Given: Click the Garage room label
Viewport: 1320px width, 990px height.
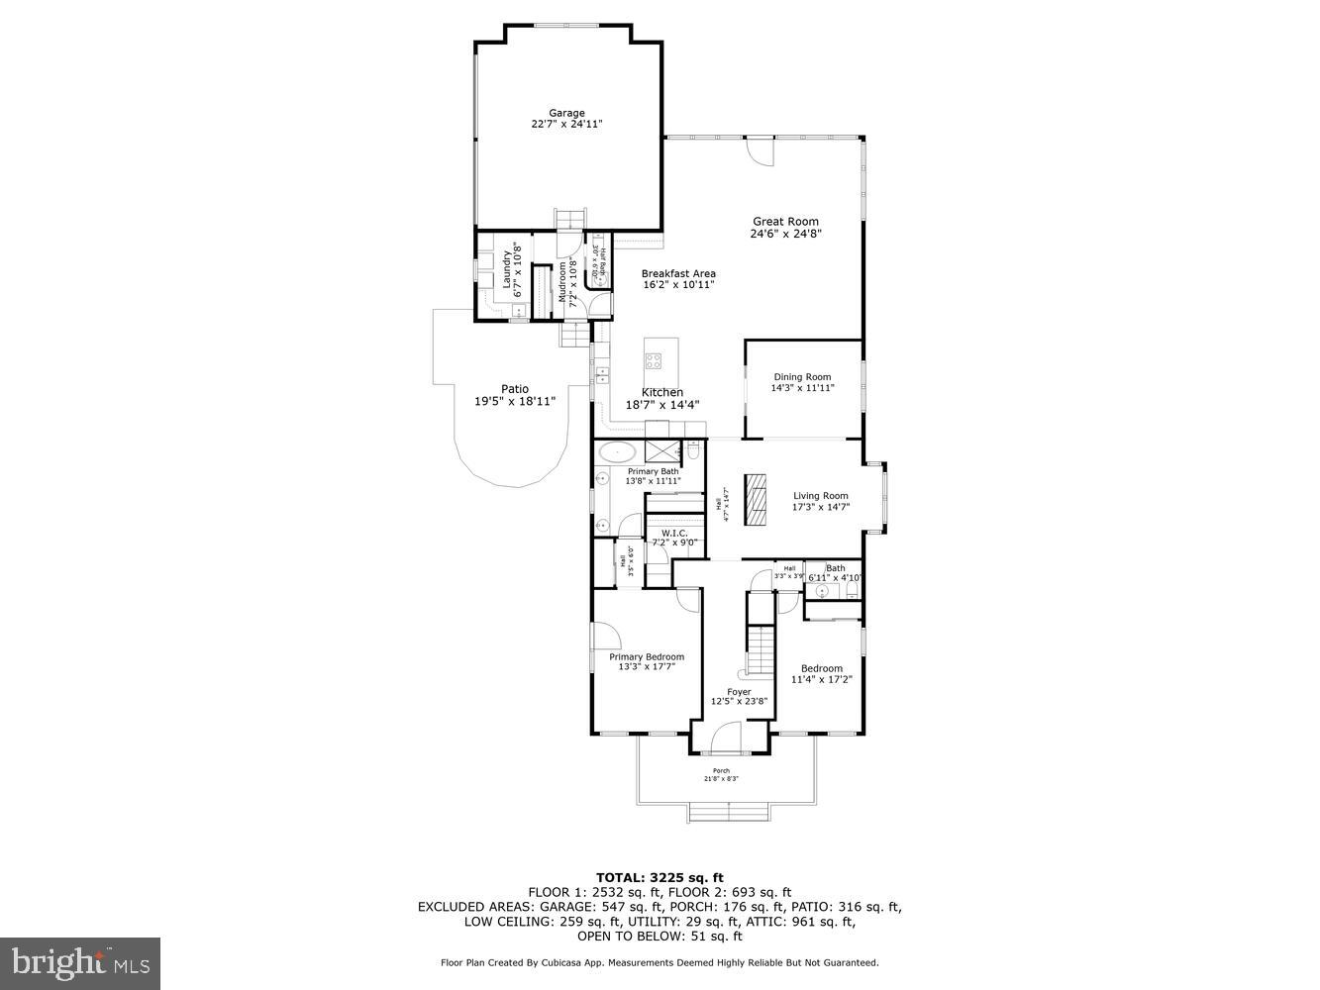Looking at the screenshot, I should pos(566,113).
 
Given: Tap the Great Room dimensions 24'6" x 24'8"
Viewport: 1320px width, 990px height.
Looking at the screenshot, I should pos(785,235).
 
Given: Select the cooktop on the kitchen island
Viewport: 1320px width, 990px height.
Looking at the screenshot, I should pos(655,359).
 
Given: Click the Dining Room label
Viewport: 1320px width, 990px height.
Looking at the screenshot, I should pos(802,377).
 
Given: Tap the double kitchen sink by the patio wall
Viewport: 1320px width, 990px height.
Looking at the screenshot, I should pos(601,374).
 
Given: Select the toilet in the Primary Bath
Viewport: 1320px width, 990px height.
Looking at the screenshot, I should pos(693,451).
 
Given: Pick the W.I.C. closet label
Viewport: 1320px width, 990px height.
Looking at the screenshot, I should pos(674,533).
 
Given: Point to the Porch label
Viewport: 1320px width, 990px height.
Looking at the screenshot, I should pos(721,771).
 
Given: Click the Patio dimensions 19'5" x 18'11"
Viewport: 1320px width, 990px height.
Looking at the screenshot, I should pos(515,401).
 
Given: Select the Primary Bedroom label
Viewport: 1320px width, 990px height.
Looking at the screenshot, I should pos(646,657).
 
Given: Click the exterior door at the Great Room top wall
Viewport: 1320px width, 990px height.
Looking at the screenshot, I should pos(759,150).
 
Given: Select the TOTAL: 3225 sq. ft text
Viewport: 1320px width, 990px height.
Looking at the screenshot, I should pos(660,877).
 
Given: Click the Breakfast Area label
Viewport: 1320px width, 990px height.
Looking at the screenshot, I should pos(678,274).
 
